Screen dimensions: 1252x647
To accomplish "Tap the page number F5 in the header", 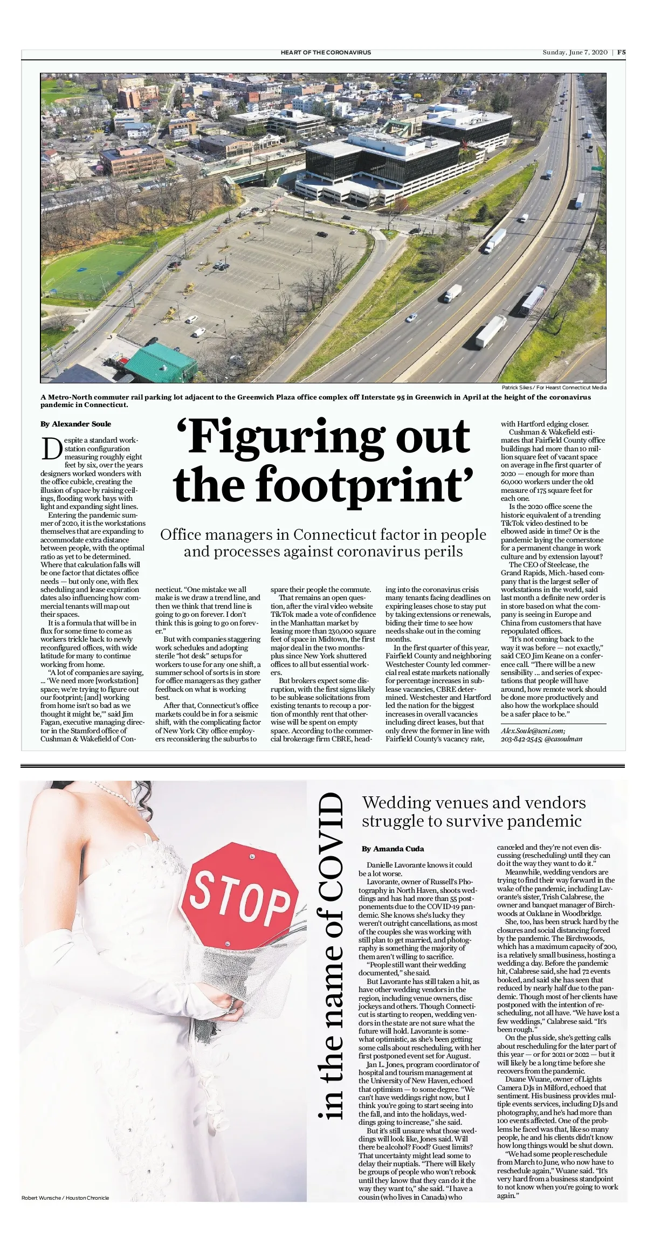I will pos(621,52).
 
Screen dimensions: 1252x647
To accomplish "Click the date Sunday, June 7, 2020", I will pos(575,52).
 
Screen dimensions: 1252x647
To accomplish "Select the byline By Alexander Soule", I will pos(76,424).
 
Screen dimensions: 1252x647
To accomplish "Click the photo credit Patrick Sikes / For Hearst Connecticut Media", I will pos(554,387).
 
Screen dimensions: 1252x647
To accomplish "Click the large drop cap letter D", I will pos(51,449).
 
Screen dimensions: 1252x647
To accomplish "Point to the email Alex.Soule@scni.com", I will pos(533,731).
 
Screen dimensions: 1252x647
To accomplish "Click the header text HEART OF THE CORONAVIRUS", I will pos(326,52).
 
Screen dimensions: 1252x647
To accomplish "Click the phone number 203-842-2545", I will pos(520,739).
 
